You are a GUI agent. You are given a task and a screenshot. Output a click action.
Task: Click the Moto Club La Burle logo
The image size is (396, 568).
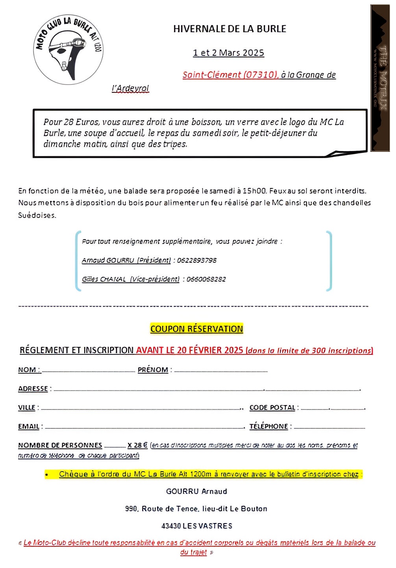click(68, 50)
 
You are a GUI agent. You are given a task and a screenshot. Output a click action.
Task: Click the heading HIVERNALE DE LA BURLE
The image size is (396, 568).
click(229, 29)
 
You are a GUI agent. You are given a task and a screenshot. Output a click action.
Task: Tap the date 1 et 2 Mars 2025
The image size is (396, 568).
click(228, 53)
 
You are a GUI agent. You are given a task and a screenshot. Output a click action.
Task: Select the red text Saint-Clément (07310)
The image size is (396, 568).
click(230, 75)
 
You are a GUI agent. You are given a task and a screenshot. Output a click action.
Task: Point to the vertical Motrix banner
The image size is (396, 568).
click(379, 78)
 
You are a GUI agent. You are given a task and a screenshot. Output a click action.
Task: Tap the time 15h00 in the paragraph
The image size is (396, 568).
click(255, 191)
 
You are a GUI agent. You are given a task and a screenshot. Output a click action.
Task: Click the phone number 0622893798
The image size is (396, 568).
click(196, 260)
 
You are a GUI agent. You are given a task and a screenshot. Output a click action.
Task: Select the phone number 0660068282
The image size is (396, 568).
click(206, 279)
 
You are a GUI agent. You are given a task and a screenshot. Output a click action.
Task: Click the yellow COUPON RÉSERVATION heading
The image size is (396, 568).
click(196, 329)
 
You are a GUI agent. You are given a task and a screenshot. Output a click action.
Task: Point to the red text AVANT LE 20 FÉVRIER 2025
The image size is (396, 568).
click(189, 350)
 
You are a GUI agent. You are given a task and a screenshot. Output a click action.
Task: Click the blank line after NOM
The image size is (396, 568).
click(88, 371)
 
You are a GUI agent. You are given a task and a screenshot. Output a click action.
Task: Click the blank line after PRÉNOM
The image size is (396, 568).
click(221, 371)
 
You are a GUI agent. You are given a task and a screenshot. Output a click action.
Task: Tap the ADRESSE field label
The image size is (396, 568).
click(33, 389)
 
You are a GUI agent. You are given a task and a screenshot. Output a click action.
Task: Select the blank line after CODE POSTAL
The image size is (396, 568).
click(333, 409)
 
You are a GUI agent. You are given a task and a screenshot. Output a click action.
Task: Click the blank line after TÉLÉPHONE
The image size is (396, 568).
click(329, 427)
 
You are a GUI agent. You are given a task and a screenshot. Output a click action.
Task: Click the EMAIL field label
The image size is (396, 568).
click(29, 426)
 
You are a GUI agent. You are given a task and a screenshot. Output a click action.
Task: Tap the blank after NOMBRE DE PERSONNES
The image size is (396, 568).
click(115, 447)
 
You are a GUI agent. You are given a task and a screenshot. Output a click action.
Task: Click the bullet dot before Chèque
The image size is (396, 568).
click(46, 475)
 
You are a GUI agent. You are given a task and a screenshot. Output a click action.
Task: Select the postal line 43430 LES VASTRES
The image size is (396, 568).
click(196, 526)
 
